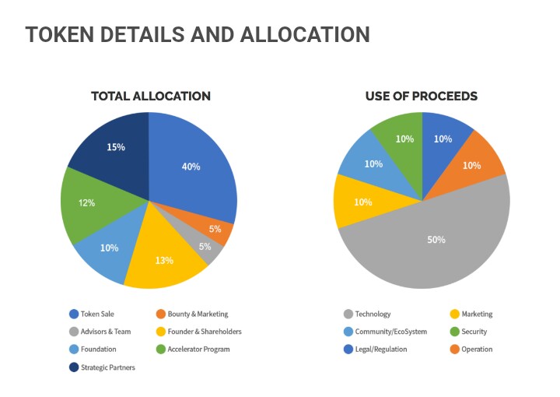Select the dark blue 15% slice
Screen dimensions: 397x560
tap(116, 147)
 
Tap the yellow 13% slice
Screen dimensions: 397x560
tap(164, 259)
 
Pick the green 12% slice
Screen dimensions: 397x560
tap(87, 203)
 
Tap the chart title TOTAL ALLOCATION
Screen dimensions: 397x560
tap(151, 97)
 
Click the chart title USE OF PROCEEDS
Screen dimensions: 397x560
tap(422, 97)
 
